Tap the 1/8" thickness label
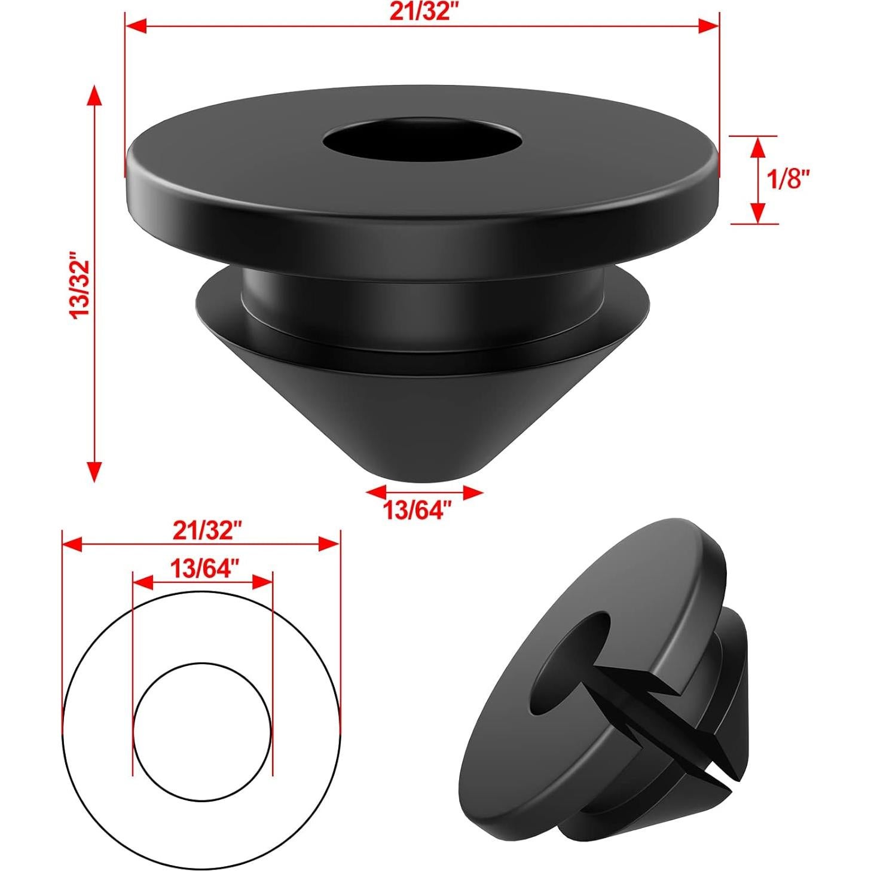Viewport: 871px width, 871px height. click(x=789, y=178)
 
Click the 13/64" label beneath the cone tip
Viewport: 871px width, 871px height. click(x=416, y=510)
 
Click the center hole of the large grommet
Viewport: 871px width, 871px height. click(x=422, y=142)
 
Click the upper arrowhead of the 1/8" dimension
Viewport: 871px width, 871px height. click(x=757, y=146)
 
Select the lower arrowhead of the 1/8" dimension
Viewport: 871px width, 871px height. click(x=757, y=213)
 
